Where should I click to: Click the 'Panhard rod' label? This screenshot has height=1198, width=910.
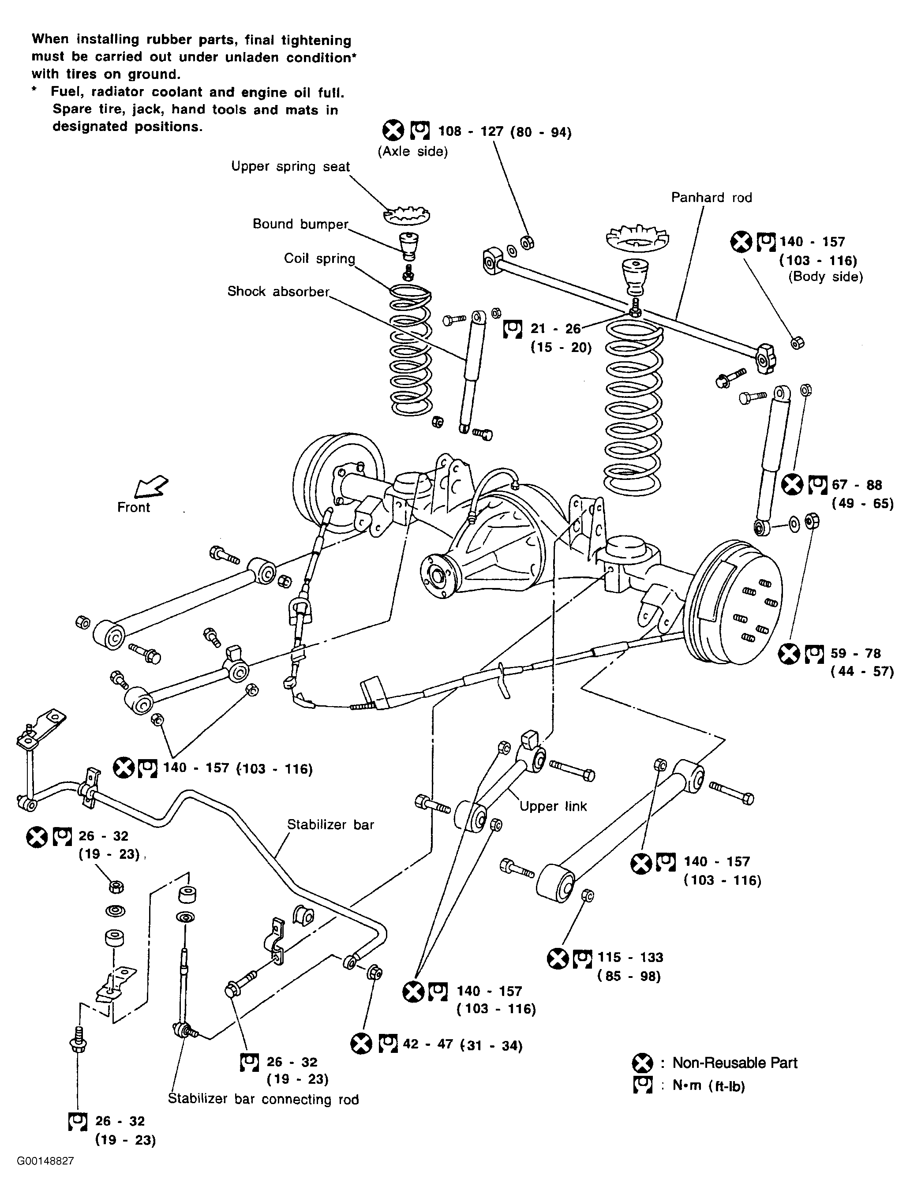coord(711,198)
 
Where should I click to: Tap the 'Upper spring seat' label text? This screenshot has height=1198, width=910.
coord(290,167)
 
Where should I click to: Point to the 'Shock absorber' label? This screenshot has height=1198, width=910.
coord(278,292)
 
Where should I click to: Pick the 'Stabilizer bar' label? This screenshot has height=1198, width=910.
coord(330,824)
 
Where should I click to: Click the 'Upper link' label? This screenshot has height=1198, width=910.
coord(553,806)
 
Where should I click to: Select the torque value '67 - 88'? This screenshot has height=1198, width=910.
coord(857,485)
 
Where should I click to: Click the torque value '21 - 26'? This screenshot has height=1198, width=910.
coord(556,329)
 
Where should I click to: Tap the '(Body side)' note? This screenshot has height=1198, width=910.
coord(825,277)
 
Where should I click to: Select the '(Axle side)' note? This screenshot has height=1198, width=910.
coord(413,152)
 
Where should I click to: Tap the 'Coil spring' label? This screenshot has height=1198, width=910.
coord(320,258)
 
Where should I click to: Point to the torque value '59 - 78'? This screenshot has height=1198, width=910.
coord(856,653)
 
